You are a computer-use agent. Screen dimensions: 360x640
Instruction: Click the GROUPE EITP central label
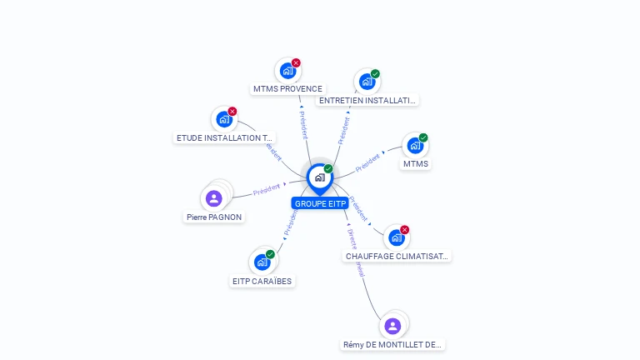(x=320, y=203)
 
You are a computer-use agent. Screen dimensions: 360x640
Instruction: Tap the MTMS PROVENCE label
(x=287, y=88)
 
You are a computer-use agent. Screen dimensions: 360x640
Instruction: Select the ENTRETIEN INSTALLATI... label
(x=367, y=100)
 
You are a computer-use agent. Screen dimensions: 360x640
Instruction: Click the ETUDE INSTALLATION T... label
(x=224, y=137)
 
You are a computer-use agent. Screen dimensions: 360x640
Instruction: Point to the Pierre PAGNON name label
(x=214, y=217)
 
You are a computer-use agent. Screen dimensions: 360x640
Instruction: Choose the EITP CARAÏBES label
(x=262, y=281)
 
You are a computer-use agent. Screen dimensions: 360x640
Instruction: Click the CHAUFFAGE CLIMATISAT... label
(x=397, y=256)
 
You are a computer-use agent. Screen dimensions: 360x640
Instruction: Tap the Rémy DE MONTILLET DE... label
(x=392, y=344)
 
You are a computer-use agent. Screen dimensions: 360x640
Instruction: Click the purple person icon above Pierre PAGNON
(x=213, y=198)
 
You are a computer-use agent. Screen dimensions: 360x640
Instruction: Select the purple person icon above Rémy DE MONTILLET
(x=392, y=326)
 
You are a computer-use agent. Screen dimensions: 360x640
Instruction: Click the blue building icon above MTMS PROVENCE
(x=287, y=71)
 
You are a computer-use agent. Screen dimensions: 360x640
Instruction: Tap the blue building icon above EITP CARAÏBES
(x=262, y=262)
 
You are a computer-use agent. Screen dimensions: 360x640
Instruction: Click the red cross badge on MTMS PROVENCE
(x=296, y=63)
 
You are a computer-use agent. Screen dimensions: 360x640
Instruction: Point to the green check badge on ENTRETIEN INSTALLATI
(x=375, y=74)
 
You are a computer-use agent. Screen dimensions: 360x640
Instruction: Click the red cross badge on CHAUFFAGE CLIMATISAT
(x=405, y=230)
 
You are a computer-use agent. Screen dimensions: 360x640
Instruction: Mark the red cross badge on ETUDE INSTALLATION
(x=232, y=112)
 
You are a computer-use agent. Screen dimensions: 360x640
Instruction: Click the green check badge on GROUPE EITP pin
(x=328, y=169)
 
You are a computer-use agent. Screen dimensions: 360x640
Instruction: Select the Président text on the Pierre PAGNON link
(x=266, y=189)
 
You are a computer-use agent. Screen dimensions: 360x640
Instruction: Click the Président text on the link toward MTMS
(x=367, y=162)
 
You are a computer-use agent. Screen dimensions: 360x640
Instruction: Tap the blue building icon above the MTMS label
(x=414, y=146)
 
